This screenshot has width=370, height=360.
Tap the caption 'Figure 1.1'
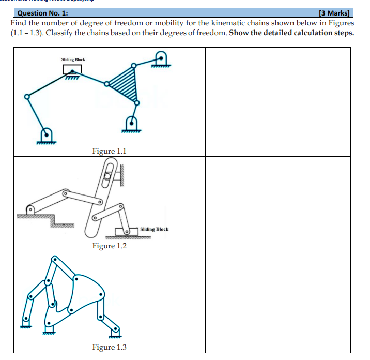click(x=109, y=151)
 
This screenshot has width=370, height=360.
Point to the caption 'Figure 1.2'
click(x=109, y=246)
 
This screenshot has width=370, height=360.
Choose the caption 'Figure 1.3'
click(x=109, y=347)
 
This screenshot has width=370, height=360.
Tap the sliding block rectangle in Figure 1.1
click(x=72, y=69)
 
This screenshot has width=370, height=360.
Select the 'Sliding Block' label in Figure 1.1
click(x=73, y=59)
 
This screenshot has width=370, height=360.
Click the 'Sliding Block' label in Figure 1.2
click(x=155, y=229)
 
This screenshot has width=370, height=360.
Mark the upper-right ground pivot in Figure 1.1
click(x=161, y=58)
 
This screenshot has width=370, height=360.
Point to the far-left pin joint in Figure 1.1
click(x=26, y=96)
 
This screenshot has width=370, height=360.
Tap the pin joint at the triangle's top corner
click(x=134, y=65)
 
